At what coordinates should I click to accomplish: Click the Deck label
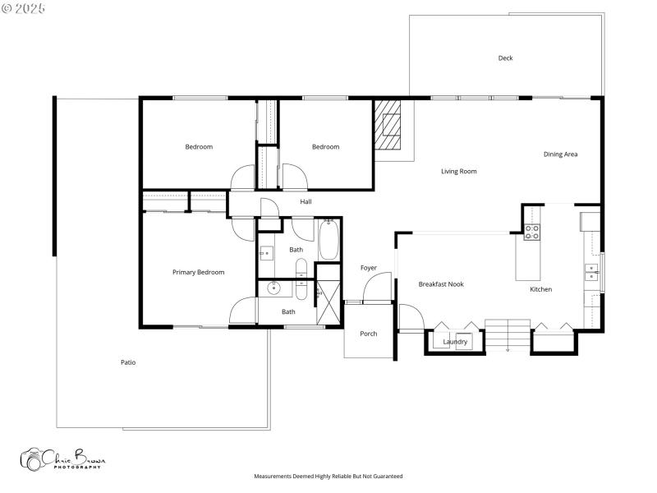coord(505,58)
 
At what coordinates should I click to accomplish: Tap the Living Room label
coord(458,172)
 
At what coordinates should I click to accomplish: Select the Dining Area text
coord(560,154)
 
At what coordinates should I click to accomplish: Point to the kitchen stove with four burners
coord(531,232)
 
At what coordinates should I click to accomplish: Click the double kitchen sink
coord(591,272)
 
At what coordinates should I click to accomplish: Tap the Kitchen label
coord(540,289)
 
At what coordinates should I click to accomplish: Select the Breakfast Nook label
coord(441,284)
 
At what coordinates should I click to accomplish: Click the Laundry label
coord(455,342)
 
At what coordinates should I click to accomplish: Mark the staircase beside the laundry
coord(507,334)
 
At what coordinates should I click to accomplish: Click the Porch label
coord(369,334)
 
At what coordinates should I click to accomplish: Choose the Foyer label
coord(369,268)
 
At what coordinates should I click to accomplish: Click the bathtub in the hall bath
coord(328,238)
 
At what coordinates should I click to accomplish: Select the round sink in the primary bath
coord(274,288)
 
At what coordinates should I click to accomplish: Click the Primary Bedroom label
coord(198,272)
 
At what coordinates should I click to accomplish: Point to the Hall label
coord(306,202)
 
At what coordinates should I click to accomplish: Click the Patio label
coord(128,362)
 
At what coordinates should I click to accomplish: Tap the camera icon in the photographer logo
coord(33,458)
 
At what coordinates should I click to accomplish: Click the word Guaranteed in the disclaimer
coord(386,477)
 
